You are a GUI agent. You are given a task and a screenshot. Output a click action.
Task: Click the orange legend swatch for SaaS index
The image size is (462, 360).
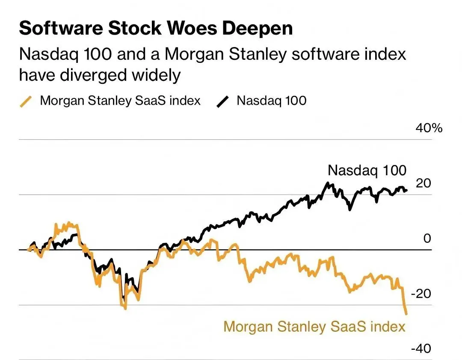pyautogui.click(x=26, y=102)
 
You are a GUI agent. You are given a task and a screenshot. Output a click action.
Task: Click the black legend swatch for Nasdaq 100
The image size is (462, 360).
pyautogui.click(x=223, y=102)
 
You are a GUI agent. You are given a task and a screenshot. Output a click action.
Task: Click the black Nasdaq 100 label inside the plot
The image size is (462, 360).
pyautogui.click(x=367, y=170)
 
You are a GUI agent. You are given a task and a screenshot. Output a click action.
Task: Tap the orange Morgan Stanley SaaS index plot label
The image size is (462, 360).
pyautogui.click(x=314, y=327)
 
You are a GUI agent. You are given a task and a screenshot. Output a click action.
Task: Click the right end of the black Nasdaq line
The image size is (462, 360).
pyautogui.click(x=406, y=190)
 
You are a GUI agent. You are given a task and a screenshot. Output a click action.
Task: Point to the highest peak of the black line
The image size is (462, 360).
pyautogui.click(x=328, y=183)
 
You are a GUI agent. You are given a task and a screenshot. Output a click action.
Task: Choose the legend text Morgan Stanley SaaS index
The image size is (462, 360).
pyautogui.click(x=120, y=101)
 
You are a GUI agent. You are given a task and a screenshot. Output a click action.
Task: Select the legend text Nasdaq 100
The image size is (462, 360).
pyautogui.click(x=271, y=101)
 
